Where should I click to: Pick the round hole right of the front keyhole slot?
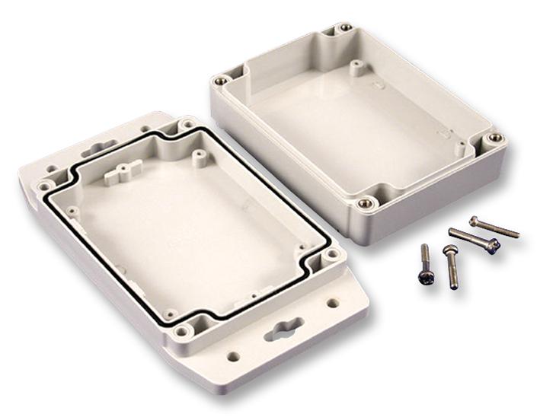[x=333, y=303]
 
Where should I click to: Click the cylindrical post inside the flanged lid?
[x=200, y=158]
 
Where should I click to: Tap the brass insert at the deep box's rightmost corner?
[x=496, y=138]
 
